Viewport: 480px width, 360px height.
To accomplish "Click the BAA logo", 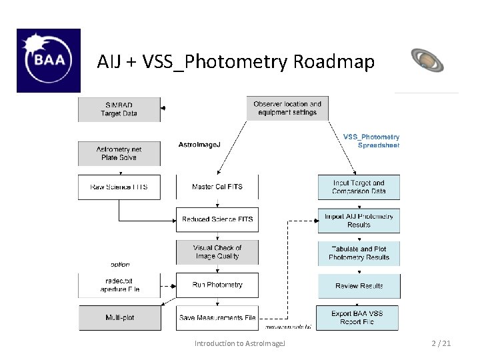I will pyautogui.click(x=48, y=60).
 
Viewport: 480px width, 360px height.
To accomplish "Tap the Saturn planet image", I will pyautogui.click(x=427, y=60).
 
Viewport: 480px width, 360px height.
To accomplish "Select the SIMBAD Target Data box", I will pyautogui.click(x=119, y=109).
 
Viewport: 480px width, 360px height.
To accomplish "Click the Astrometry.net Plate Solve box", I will pyautogui.click(x=119, y=153).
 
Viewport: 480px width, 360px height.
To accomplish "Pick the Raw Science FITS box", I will pyautogui.click(x=119, y=187).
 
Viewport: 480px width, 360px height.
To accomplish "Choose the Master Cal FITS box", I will pyautogui.click(x=217, y=187).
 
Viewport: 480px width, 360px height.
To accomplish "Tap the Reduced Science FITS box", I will pyautogui.click(x=217, y=219).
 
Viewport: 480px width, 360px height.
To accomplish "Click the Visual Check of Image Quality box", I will pyautogui.click(x=217, y=252).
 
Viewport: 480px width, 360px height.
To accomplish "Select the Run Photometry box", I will pyautogui.click(x=217, y=285).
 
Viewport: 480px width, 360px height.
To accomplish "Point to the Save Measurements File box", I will pyautogui.click(x=217, y=318).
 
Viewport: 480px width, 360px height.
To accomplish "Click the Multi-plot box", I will pyautogui.click(x=119, y=318).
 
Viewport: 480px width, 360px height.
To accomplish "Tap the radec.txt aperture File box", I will pyautogui.click(x=119, y=285).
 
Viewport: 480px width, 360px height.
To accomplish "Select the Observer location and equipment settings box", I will pyautogui.click(x=287, y=108).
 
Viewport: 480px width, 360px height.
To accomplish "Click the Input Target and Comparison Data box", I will pyautogui.click(x=359, y=187).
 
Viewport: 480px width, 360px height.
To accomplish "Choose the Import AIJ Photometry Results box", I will pyautogui.click(x=359, y=221).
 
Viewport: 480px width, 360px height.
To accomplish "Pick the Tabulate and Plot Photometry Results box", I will pyautogui.click(x=359, y=253).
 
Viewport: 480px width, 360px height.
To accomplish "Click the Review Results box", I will pyautogui.click(x=359, y=286).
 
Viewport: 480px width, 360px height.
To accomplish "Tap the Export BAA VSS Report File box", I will pyautogui.click(x=359, y=318).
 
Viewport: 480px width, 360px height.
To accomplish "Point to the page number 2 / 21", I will pyautogui.click(x=441, y=343).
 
